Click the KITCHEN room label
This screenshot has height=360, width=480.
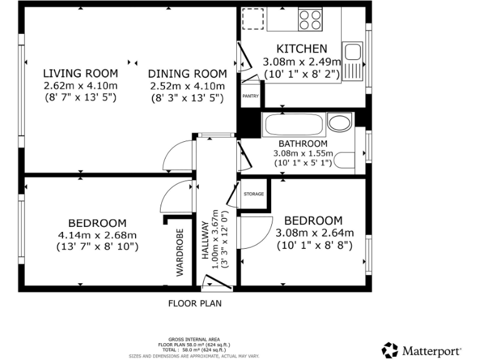302,49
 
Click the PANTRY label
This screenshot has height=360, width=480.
251,96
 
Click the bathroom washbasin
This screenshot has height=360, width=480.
339,124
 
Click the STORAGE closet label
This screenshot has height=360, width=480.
254,194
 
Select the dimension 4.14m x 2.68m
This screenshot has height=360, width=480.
97,235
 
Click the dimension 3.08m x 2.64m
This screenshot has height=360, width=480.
315,233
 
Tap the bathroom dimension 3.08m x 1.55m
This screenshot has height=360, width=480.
303,154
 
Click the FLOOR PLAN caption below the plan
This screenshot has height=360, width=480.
194,304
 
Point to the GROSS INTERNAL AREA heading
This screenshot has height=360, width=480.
194,339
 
